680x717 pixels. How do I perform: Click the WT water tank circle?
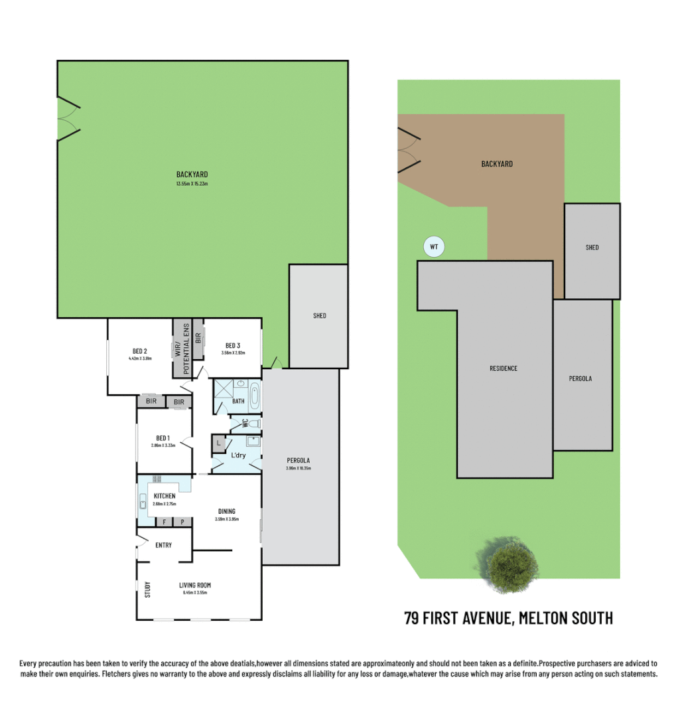[434, 248]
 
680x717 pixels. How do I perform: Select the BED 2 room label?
[139, 351]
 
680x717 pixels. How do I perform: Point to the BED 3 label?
[232, 345]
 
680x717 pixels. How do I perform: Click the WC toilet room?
[245, 422]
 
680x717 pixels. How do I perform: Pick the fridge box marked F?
[164, 522]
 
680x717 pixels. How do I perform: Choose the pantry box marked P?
[182, 522]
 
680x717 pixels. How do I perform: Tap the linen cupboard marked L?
[219, 441]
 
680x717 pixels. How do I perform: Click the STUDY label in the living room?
[147, 589]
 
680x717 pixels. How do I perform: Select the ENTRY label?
[163, 545]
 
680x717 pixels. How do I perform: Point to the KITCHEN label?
[165, 496]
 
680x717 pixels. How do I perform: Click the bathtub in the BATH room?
[256, 396]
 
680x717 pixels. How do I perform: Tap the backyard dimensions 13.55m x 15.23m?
[192, 184]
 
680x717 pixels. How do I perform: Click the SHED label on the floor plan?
[319, 316]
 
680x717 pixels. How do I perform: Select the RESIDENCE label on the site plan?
[504, 368]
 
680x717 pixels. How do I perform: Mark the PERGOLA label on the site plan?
[580, 379]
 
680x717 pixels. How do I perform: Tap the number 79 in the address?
[413, 619]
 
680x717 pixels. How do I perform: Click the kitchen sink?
[143, 501]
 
